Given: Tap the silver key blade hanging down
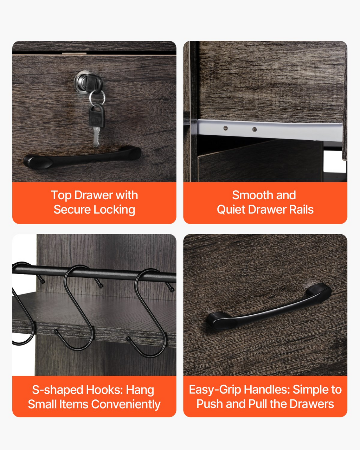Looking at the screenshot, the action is [x=96, y=136].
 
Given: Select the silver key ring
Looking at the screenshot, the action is [x=97, y=97].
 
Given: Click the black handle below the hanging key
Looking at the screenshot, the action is [x=82, y=157].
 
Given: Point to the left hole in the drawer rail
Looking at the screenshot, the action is [x=225, y=128].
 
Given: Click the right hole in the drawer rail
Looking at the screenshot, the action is [x=255, y=129].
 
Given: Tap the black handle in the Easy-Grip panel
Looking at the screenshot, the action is [x=269, y=307].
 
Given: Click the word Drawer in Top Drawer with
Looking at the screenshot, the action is [x=94, y=195].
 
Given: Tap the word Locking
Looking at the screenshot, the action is [x=114, y=210].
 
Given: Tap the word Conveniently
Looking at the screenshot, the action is [x=126, y=404].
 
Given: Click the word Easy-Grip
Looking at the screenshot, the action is [x=215, y=390].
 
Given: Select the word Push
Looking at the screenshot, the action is [x=210, y=404].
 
